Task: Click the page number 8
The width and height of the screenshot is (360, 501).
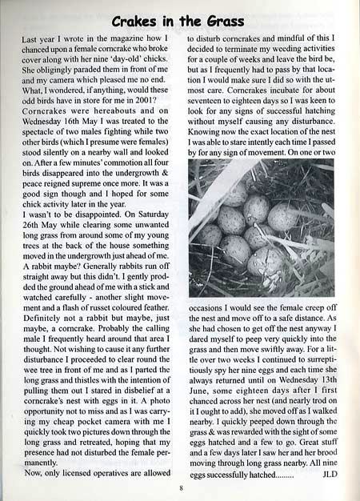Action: [181, 488]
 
